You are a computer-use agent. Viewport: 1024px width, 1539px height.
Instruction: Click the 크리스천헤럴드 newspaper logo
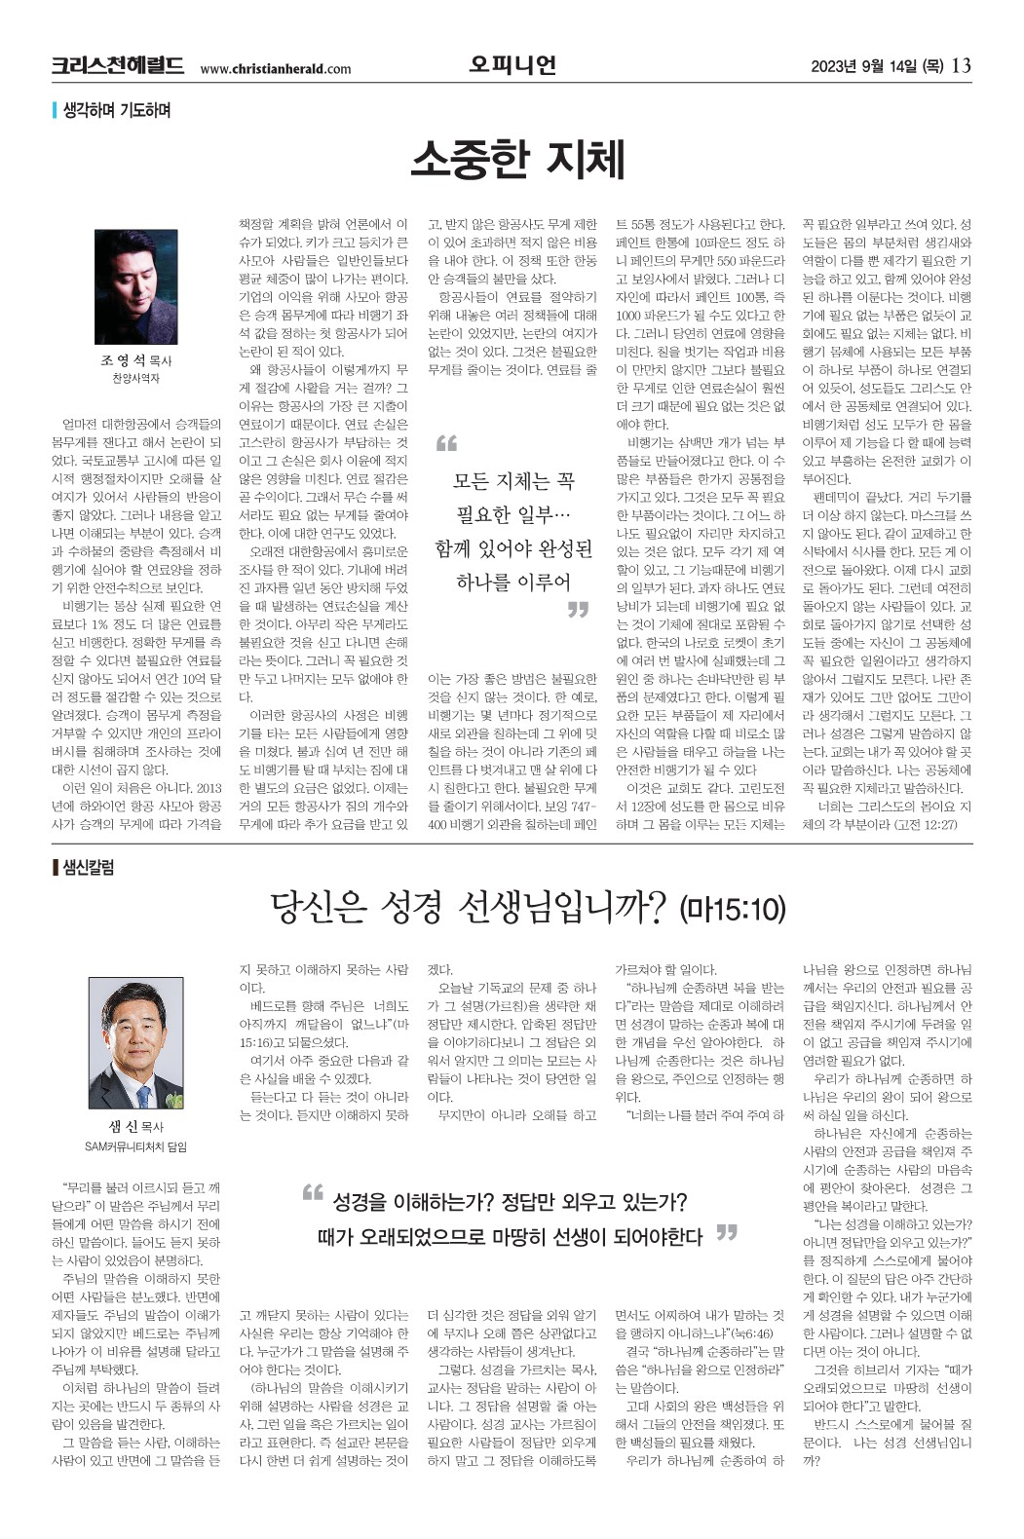point(118,66)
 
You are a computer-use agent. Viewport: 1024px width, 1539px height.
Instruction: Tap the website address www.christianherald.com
point(275,69)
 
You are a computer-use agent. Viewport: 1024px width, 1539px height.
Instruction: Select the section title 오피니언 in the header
point(512,65)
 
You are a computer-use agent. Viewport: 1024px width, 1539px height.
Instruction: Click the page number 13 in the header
point(961,66)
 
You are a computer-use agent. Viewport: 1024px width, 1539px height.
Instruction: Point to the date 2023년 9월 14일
point(877,67)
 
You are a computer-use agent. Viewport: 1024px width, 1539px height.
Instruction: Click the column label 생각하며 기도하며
point(116,111)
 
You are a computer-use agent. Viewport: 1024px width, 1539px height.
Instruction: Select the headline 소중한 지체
point(516,160)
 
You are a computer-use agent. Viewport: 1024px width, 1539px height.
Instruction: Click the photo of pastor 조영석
point(136,286)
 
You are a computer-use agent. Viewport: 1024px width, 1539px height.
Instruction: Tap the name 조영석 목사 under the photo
point(136,360)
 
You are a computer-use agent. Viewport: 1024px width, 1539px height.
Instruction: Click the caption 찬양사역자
point(136,378)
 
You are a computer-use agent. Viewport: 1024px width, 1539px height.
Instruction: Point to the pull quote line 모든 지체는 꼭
point(513,480)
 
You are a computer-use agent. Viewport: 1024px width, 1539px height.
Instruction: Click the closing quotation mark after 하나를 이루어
point(579,610)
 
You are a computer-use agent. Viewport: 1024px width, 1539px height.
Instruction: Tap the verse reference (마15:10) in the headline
point(733,910)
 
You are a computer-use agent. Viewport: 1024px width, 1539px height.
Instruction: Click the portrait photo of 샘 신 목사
point(136,1043)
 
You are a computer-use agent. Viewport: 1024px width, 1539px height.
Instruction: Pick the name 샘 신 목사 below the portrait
point(136,1127)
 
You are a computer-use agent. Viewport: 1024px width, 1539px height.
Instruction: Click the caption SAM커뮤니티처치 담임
point(136,1146)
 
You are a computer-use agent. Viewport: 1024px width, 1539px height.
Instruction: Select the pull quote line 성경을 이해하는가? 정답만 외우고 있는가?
point(510,1201)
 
